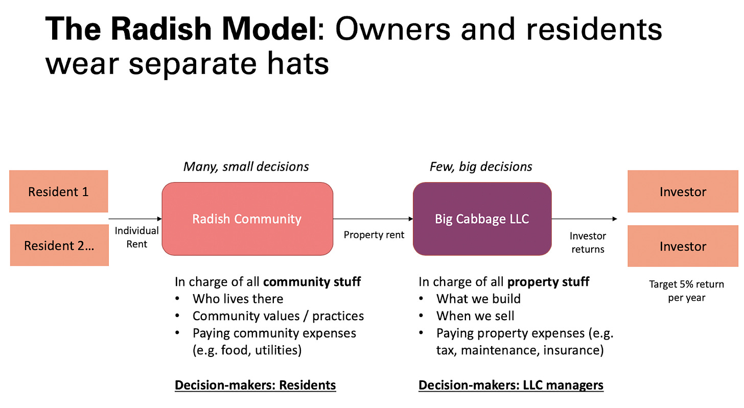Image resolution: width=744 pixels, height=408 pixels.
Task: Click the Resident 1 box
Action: coord(58,191)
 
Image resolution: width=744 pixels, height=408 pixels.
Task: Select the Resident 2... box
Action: coord(59,245)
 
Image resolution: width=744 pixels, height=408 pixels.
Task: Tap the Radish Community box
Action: coord(247,219)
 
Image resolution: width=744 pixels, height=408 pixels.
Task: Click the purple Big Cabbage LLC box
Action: coord(482,219)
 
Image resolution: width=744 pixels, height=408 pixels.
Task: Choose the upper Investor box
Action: coord(683,191)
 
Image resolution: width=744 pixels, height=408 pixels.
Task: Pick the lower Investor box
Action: coord(683,246)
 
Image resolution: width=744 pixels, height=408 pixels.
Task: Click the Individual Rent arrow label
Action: coord(136,237)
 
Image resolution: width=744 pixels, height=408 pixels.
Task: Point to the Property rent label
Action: coord(374,235)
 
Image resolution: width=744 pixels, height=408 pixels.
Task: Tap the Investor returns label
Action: coord(588,243)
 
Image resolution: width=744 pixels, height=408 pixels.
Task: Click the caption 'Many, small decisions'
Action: coord(246,166)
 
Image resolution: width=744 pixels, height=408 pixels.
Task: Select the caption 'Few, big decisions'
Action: coord(481,166)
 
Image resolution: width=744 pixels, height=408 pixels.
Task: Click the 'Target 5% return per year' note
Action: coord(687,291)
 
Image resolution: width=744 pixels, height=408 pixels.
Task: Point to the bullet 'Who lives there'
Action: coord(238,299)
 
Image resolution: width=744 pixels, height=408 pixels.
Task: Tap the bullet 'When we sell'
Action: coord(475,316)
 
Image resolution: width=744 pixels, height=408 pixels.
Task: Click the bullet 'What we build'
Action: coord(479,299)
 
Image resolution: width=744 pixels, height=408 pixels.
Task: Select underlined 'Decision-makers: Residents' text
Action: coord(255,385)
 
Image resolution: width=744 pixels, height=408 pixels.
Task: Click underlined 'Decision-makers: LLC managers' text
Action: coord(511,385)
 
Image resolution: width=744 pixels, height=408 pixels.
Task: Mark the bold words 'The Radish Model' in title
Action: coord(181,29)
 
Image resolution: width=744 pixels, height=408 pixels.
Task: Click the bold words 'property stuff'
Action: coord(548,282)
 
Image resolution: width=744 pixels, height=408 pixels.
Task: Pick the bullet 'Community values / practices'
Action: coord(278,316)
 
